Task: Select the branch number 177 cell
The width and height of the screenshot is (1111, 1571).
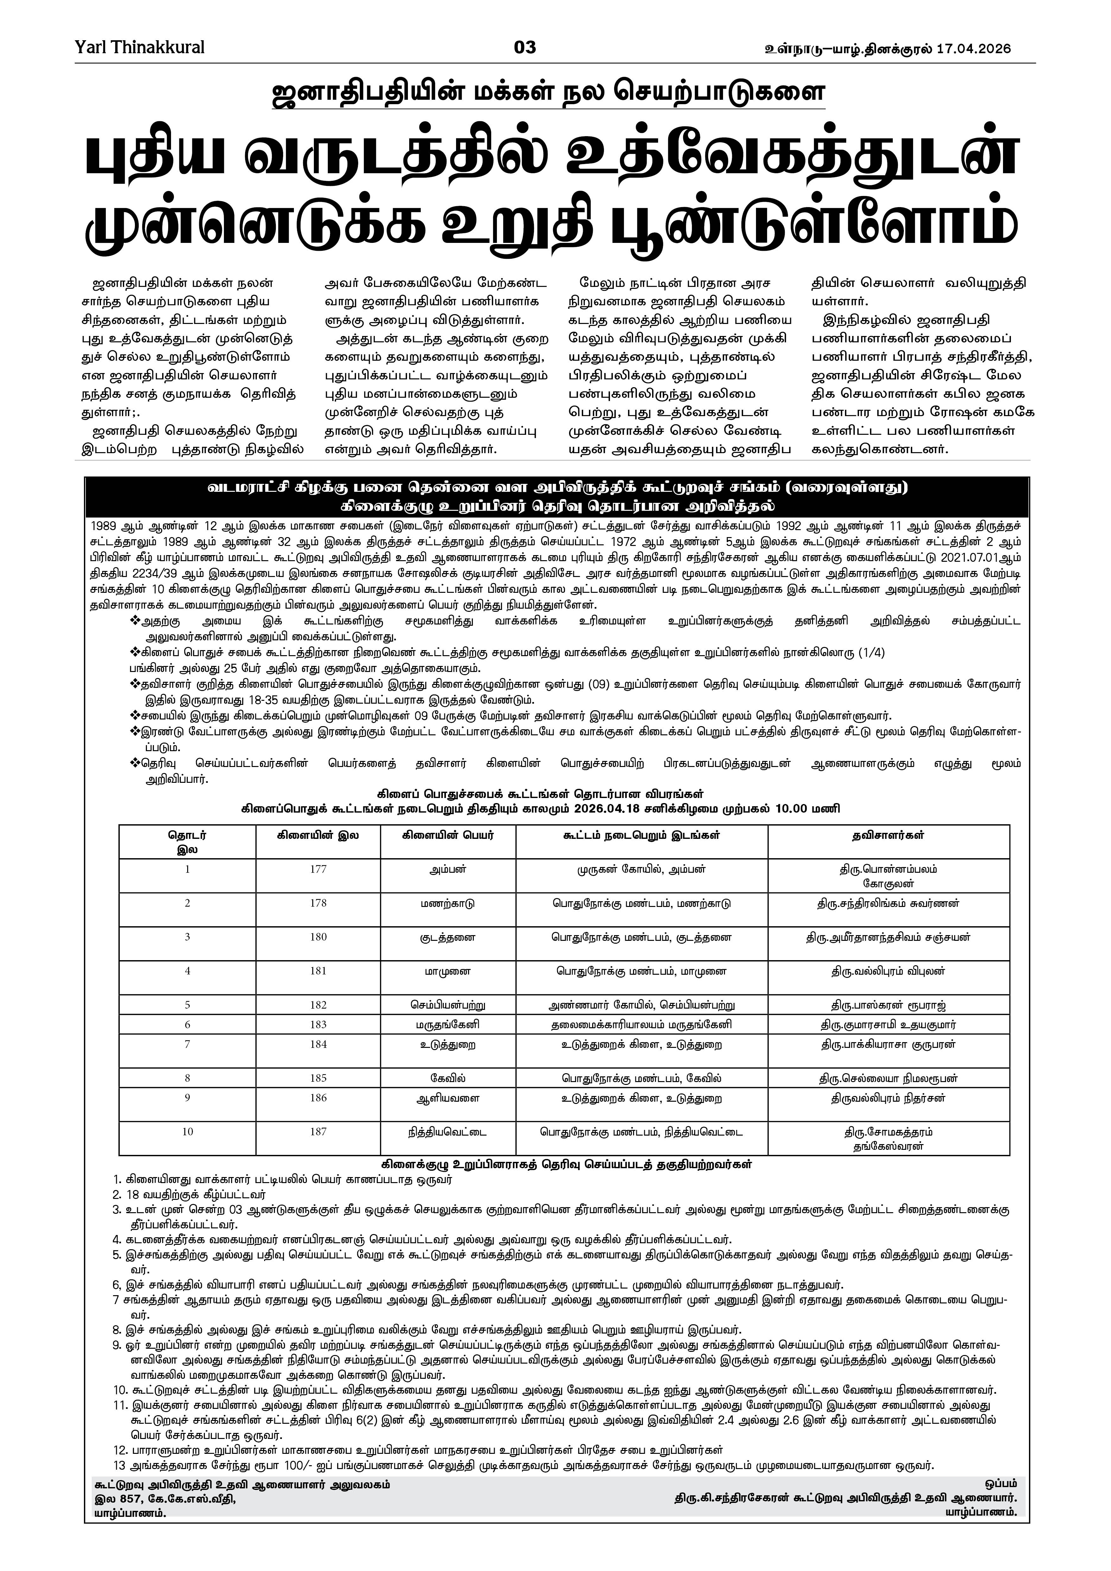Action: pos(318,870)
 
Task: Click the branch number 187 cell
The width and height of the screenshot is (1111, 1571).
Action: pos(318,1132)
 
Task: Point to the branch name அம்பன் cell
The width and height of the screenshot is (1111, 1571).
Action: pos(448,870)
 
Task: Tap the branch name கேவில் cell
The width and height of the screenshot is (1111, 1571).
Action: pos(448,1078)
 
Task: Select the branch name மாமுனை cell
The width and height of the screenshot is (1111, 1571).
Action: pos(448,971)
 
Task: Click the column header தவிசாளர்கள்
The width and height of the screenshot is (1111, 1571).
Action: pos(889,835)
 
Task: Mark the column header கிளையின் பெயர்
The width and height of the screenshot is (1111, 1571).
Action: pos(448,835)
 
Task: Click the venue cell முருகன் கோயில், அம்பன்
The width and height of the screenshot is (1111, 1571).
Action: pos(642,870)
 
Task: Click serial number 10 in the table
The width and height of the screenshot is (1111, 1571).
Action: pos(187,1132)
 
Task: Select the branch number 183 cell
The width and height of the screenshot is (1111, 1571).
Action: pos(318,1024)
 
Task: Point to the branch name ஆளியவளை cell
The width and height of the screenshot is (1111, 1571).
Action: pos(448,1098)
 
